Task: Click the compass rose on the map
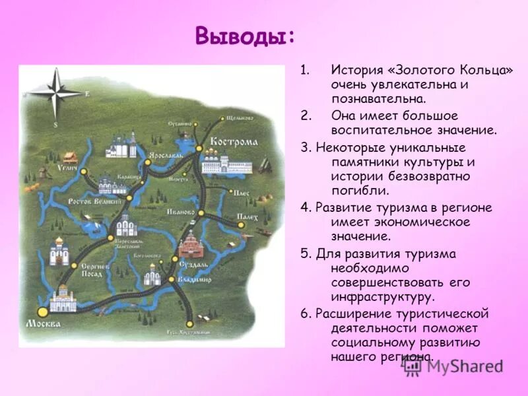click(55, 93)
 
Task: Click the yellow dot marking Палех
click(241, 225)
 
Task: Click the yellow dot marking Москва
click(42, 310)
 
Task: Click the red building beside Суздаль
click(189, 244)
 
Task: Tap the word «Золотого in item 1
click(414, 70)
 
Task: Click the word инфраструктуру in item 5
click(383, 296)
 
